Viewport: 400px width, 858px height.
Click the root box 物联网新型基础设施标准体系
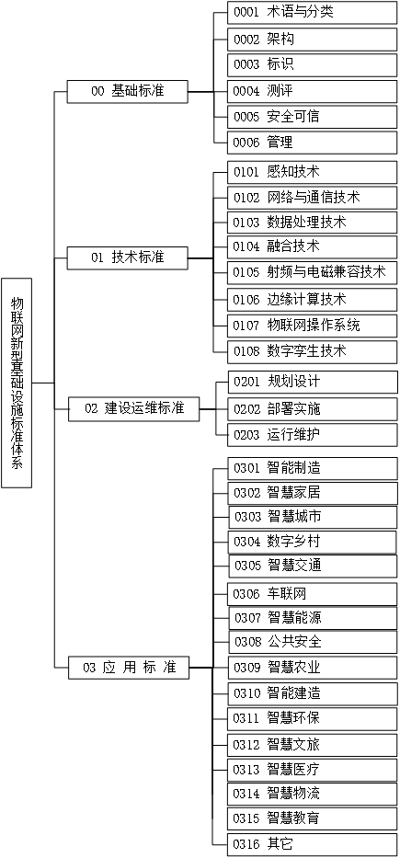click(x=17, y=382)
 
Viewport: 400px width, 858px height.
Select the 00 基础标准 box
click(x=128, y=91)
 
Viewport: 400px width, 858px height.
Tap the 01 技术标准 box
click(x=128, y=257)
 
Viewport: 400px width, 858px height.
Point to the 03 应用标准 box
click(x=129, y=667)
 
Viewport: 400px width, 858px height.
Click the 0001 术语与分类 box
click(x=312, y=13)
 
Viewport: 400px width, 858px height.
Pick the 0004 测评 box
click(x=312, y=91)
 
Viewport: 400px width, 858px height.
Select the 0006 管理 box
click(x=312, y=143)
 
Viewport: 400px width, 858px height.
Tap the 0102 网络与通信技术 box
click(x=312, y=197)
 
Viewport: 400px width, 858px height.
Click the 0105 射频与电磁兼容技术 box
click(x=312, y=272)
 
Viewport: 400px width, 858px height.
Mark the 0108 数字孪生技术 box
click(x=312, y=350)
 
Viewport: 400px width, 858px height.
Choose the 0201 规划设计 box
click(x=312, y=382)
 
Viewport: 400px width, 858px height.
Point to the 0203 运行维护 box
click(x=312, y=434)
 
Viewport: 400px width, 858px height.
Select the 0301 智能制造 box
click(x=312, y=467)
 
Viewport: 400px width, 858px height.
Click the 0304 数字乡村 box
click(x=312, y=541)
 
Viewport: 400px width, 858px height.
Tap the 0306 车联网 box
click(x=312, y=593)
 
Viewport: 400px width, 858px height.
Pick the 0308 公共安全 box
click(x=312, y=641)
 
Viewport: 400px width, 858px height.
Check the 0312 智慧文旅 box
click(x=312, y=743)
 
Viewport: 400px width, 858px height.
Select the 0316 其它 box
click(x=312, y=843)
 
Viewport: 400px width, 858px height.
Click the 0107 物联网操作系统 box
click(x=312, y=325)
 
